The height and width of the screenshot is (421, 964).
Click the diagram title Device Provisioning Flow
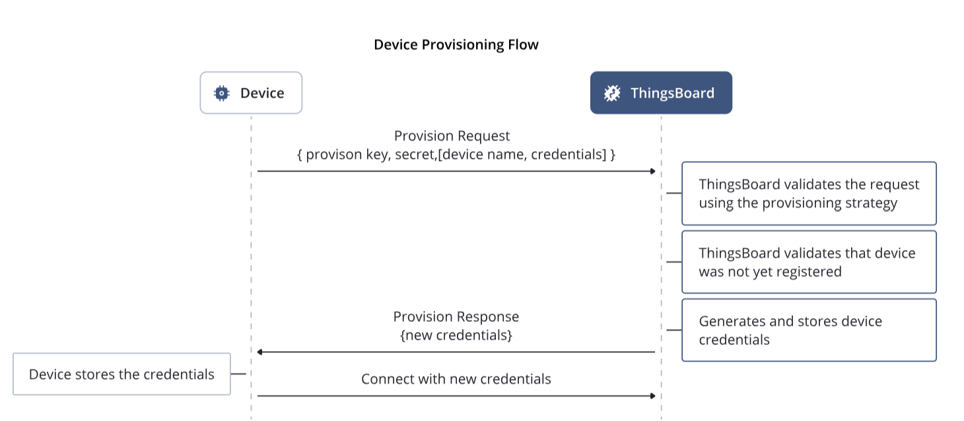coord(456,45)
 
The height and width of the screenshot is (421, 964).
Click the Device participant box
coord(251,93)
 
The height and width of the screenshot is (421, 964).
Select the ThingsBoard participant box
coord(661,93)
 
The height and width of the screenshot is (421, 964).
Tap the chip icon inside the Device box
coord(222,93)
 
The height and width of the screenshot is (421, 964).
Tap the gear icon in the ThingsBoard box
coord(612,93)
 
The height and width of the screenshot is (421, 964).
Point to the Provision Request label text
coord(452,136)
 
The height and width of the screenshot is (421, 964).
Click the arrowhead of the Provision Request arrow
coord(652,171)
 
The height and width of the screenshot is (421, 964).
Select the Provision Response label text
coord(456,317)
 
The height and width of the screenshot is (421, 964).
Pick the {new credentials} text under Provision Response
coord(456,335)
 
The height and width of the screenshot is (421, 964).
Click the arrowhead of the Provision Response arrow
coord(260,352)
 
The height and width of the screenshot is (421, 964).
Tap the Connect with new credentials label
coord(456,379)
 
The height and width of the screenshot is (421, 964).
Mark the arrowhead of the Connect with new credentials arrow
coord(652,396)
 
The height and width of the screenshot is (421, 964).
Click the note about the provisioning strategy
coord(809,194)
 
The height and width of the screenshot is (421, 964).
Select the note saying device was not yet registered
coord(809,262)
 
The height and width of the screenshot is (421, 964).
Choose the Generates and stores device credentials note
coord(809,330)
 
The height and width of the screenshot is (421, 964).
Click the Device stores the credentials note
coord(121,374)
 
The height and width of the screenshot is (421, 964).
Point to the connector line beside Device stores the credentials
coord(238,374)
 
